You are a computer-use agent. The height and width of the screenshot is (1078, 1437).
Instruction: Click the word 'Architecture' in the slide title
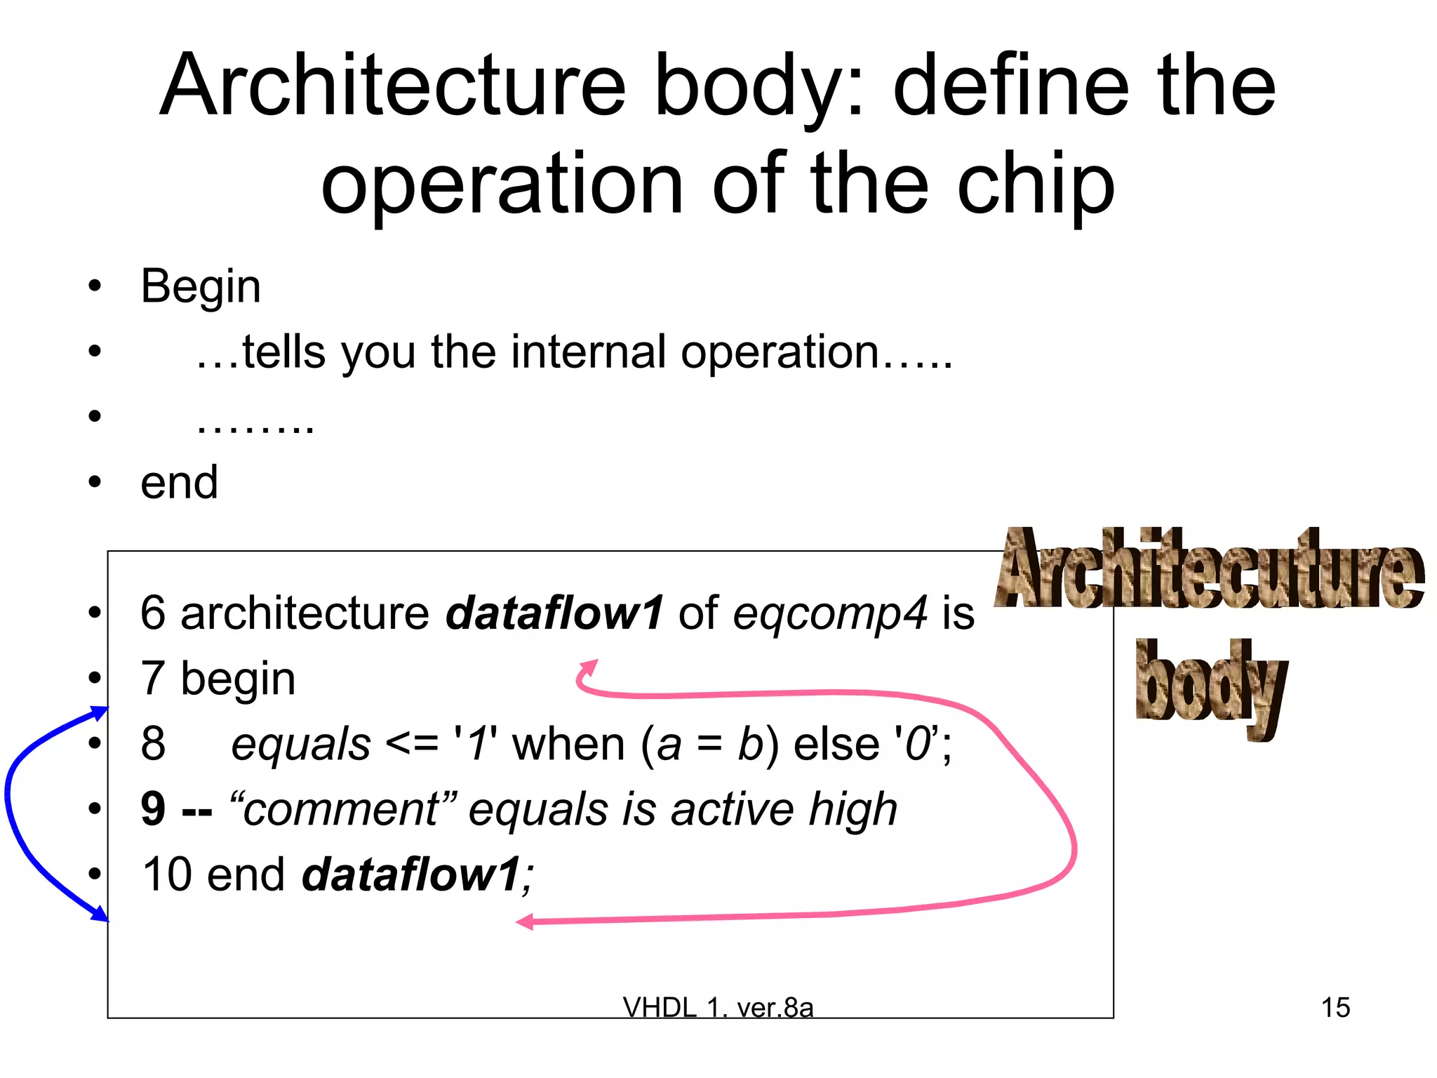point(393,86)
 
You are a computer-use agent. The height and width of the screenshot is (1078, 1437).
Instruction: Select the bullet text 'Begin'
point(201,286)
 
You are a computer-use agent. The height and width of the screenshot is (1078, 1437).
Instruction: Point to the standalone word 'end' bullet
point(180,483)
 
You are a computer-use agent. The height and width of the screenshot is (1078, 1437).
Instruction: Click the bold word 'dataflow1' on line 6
point(554,612)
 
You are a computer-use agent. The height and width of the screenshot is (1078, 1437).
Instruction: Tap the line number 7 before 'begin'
point(153,678)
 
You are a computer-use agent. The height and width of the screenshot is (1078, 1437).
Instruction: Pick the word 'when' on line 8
point(568,744)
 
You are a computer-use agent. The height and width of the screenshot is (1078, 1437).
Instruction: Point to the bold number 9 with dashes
point(175,808)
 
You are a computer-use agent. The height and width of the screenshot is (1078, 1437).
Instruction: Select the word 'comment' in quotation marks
point(341,808)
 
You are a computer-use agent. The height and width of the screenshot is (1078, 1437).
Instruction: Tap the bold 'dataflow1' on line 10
point(411,874)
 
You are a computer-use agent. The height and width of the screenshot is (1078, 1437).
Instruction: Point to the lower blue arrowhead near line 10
point(101,913)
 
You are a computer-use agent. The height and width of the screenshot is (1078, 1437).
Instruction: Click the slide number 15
point(1335,1008)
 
